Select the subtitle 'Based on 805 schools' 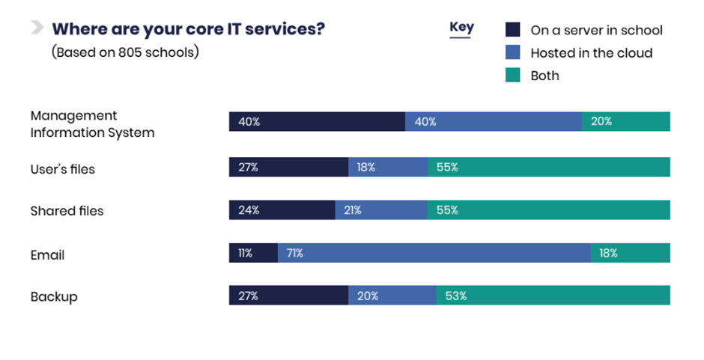[x=125, y=53]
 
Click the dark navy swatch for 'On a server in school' [x=512, y=30]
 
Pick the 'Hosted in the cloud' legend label [x=591, y=53]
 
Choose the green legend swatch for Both [x=512, y=75]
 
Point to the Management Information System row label [x=92, y=124]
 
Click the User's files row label [x=63, y=169]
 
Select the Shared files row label [x=67, y=211]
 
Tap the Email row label [x=47, y=254]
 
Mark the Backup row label [x=54, y=296]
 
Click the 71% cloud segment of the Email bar [x=434, y=254]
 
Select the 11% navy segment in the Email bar [x=253, y=254]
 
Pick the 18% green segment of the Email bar [x=630, y=254]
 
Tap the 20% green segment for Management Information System [x=625, y=121]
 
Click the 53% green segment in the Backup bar [x=553, y=296]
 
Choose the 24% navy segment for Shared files [x=282, y=210]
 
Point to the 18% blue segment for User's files [x=387, y=168]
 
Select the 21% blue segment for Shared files [x=380, y=210]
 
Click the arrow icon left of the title [x=37, y=28]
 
